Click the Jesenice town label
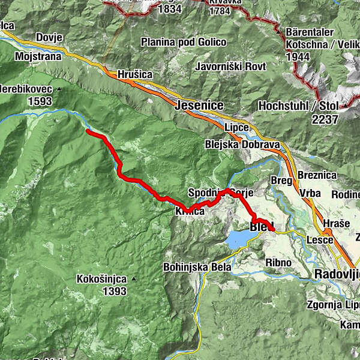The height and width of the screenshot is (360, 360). coord(200,106)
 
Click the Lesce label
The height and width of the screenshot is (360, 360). coord(319,240)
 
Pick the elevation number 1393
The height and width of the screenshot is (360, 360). coord(114,292)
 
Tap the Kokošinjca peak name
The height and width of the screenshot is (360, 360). coord(101,279)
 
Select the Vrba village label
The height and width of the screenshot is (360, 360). coord(310,194)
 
